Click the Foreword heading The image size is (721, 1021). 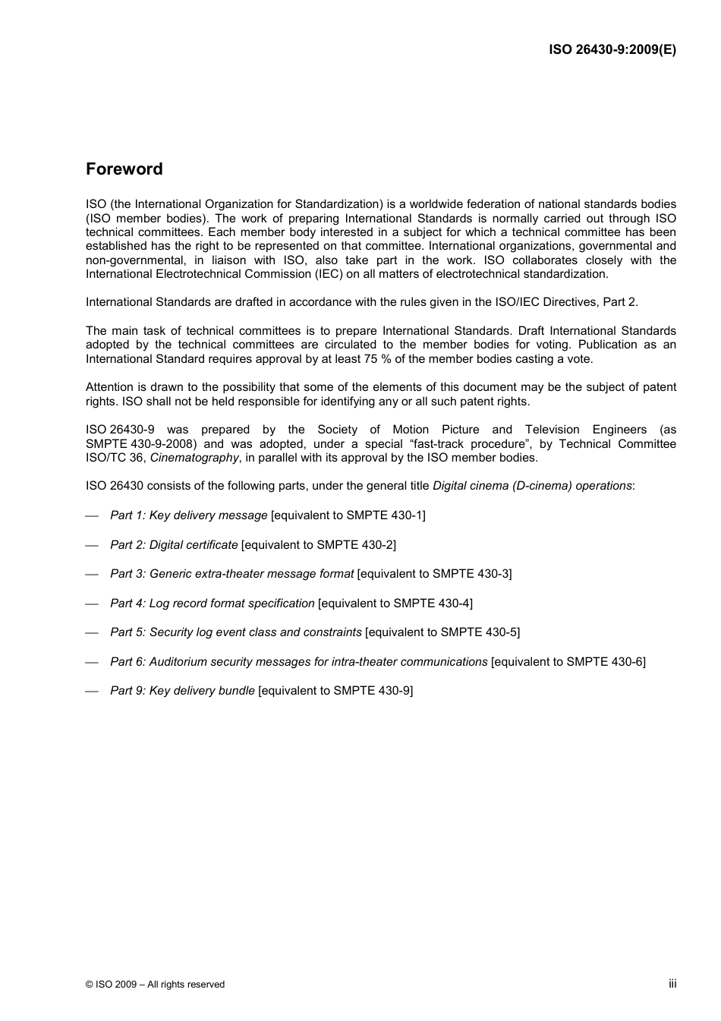(x=124, y=169)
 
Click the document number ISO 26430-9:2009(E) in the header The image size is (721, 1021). (x=612, y=49)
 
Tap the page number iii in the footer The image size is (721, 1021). (x=672, y=983)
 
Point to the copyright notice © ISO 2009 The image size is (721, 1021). (x=155, y=985)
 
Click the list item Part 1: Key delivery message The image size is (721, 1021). (x=188, y=515)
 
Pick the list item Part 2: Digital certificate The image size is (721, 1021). (x=174, y=545)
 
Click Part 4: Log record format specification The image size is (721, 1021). (x=212, y=603)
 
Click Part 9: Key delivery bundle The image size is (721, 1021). (x=182, y=691)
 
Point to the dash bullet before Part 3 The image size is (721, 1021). (x=93, y=575)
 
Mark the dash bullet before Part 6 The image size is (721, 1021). (x=93, y=663)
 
